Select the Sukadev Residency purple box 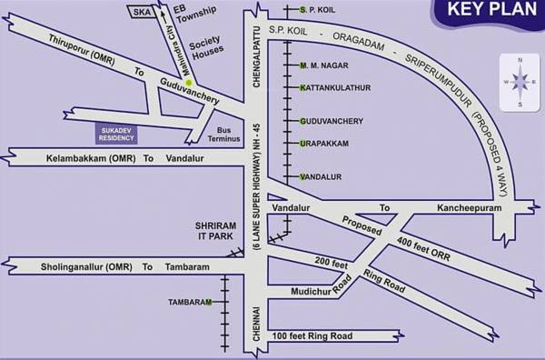pos(115,134)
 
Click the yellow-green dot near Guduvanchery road pos(188,84)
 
